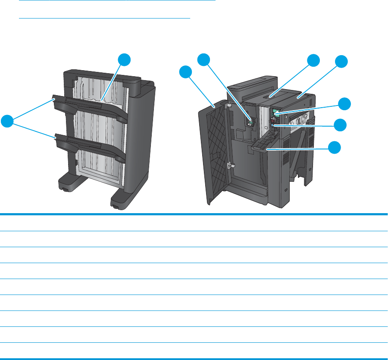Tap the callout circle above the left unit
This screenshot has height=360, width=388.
[x=125, y=60]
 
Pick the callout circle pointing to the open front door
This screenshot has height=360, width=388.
[x=187, y=72]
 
